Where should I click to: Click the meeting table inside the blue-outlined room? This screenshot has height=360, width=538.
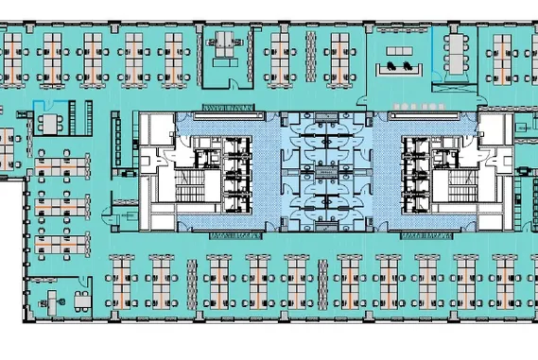point(51,122)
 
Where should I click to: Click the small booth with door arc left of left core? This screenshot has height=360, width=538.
point(120,203)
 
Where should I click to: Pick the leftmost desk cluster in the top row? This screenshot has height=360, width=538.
point(13,51)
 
